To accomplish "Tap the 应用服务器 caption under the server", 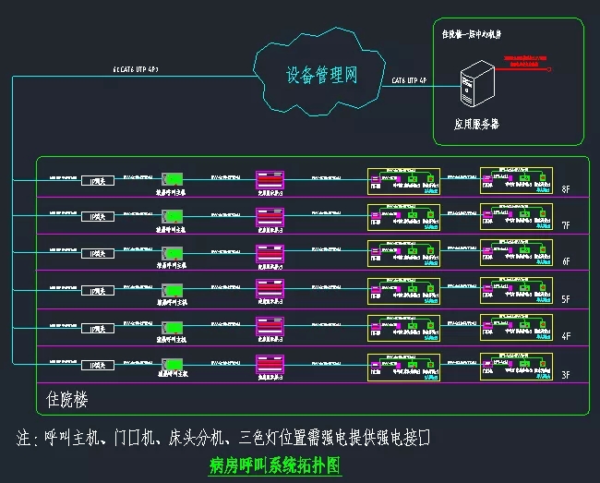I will pyautogui.click(x=476, y=123).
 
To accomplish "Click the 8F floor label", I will pyautogui.click(x=567, y=189).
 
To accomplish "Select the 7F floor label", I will pyautogui.click(x=567, y=226).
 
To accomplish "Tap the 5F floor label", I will pyautogui.click(x=567, y=300).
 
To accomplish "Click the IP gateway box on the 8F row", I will pyautogui.click(x=97, y=181).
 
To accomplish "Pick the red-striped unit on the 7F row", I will pyautogui.click(x=270, y=216).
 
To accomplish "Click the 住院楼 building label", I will pyautogui.click(x=67, y=400).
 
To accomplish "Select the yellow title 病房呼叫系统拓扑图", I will pyautogui.click(x=276, y=464).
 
